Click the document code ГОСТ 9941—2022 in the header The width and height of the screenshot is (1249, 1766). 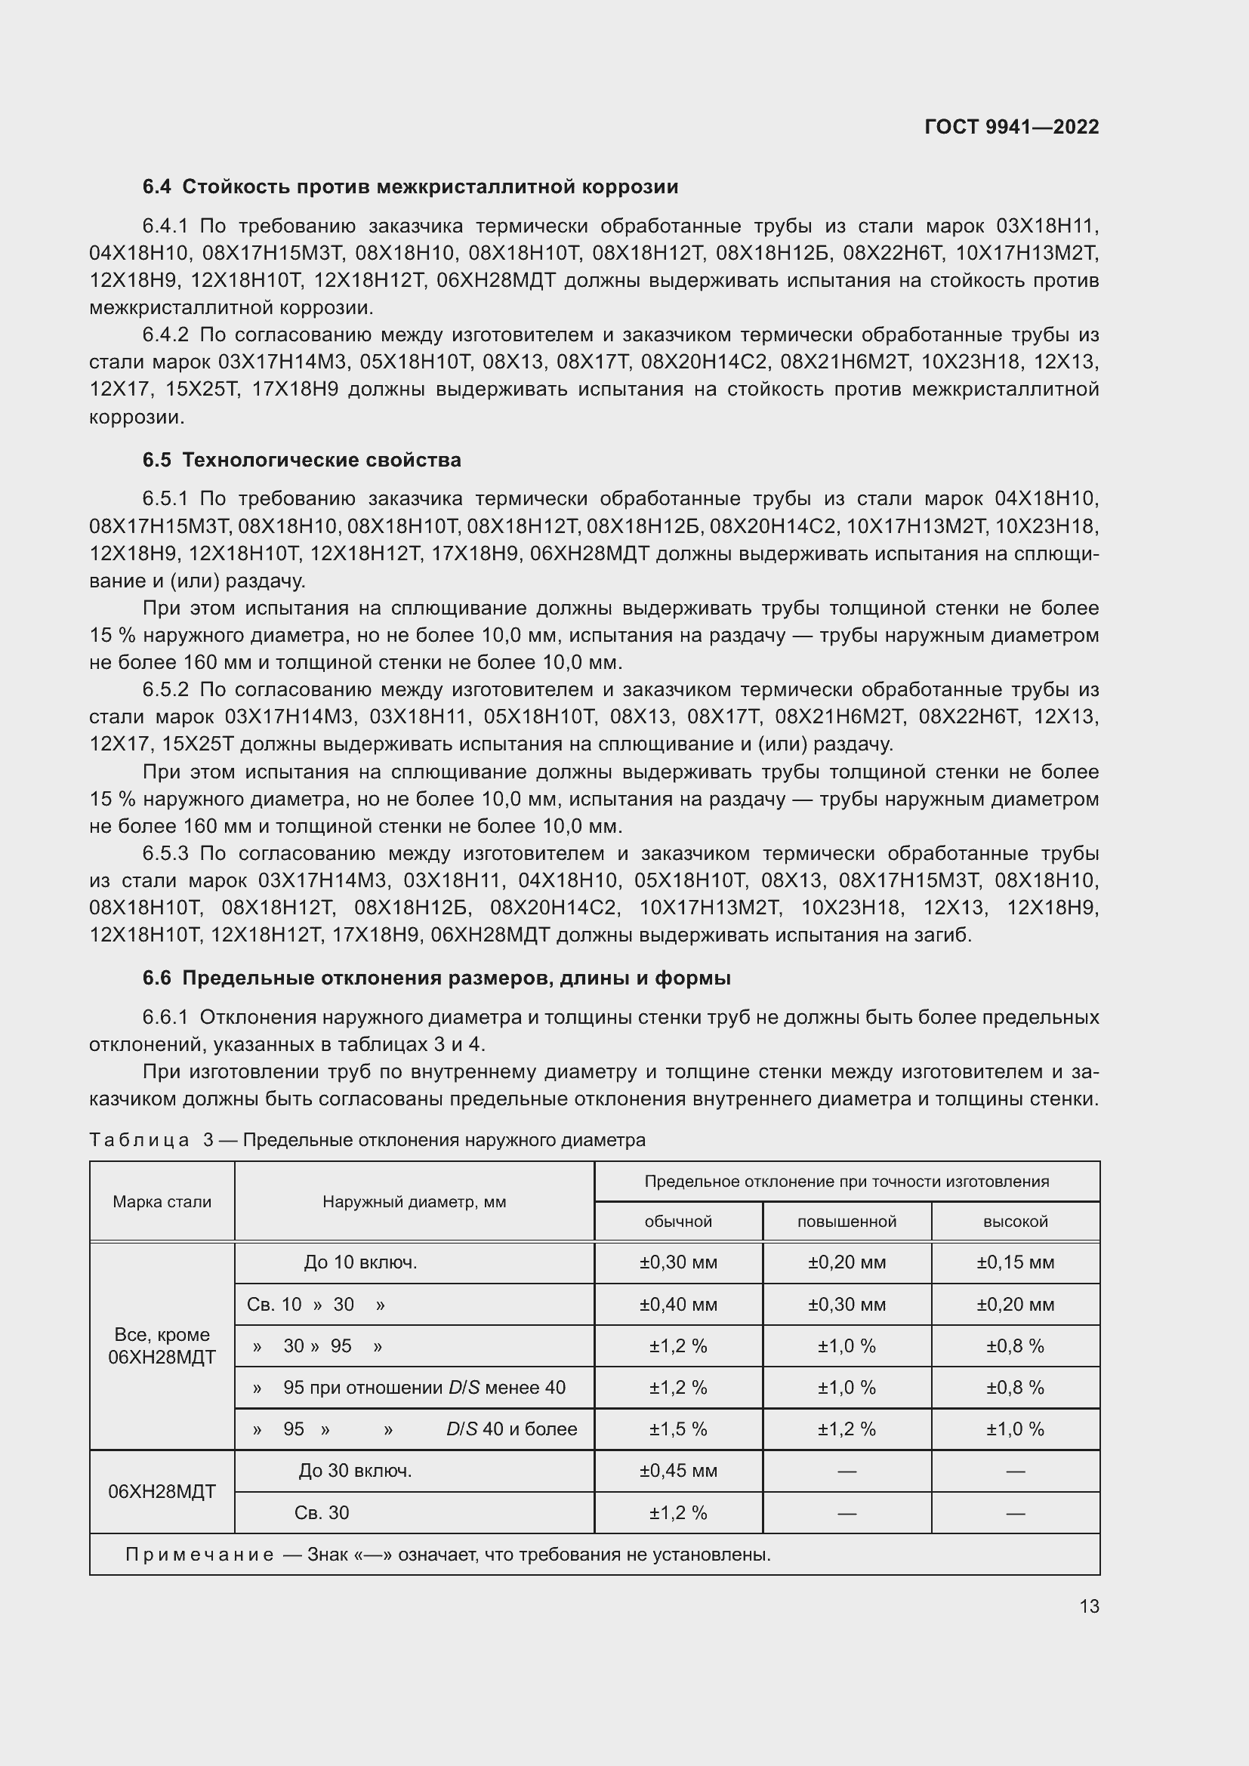[1011, 127]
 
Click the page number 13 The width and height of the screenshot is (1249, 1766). [1089, 1606]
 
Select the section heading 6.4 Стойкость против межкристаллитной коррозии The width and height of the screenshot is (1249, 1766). [410, 187]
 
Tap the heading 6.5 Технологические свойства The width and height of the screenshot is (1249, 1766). [301, 460]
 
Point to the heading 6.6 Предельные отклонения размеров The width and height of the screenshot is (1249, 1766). [436, 979]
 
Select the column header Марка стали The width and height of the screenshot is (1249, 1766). [162, 1201]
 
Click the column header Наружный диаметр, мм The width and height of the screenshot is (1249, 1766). [414, 1201]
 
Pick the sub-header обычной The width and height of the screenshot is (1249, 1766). [677, 1222]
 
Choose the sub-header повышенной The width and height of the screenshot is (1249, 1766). [846, 1222]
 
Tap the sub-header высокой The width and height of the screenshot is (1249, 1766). [1015, 1222]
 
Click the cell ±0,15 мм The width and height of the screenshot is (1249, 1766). [1015, 1262]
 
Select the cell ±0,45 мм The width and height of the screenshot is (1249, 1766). [677, 1471]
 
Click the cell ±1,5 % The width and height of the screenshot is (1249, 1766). [677, 1429]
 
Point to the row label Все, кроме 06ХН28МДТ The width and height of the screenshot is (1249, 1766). [162, 1346]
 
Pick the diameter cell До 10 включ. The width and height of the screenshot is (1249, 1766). [360, 1262]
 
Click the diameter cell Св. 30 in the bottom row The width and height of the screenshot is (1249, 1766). [322, 1513]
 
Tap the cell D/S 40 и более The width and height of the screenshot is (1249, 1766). [511, 1429]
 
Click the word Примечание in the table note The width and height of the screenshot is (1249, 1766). [199, 1555]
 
